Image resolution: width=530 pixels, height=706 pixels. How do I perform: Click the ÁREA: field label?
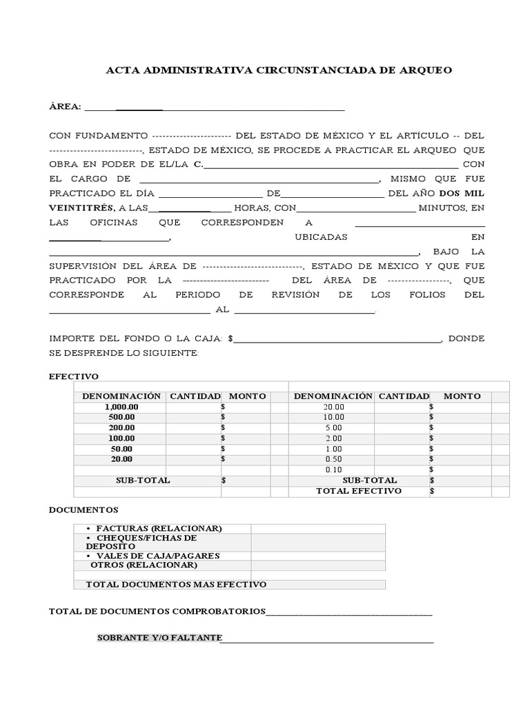pyautogui.click(x=65, y=107)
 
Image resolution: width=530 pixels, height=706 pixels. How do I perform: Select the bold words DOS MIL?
pyautogui.click(x=462, y=194)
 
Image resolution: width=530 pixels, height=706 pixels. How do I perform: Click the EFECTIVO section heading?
pyautogui.click(x=74, y=376)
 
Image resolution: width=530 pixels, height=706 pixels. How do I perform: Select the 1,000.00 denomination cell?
pyautogui.click(x=121, y=407)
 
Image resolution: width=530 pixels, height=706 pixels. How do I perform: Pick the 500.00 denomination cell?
pyautogui.click(x=121, y=417)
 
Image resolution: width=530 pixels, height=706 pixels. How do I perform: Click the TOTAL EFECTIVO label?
pyautogui.click(x=358, y=491)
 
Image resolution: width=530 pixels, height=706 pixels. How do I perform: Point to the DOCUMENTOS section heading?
pyautogui.click(x=84, y=510)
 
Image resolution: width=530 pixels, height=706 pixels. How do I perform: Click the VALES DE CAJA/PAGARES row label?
pyautogui.click(x=159, y=556)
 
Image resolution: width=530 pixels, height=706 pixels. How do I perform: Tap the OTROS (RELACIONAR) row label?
pyautogui.click(x=144, y=565)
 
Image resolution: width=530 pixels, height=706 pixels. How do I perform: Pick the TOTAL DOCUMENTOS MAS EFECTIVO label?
pyautogui.click(x=176, y=584)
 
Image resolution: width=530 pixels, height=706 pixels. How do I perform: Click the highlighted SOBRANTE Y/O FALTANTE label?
pyautogui.click(x=159, y=638)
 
